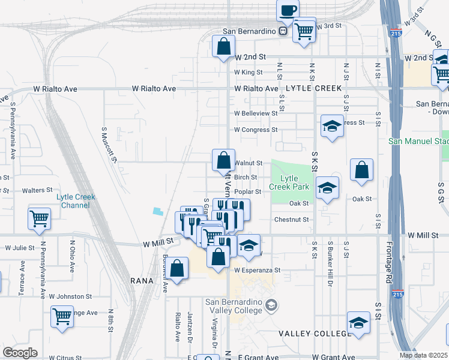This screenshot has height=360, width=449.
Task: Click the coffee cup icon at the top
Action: [x=288, y=10]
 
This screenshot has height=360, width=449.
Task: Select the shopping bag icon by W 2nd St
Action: [x=223, y=46]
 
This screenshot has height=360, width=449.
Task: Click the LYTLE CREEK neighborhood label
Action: [x=313, y=88]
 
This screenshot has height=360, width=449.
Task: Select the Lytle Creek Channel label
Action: [x=76, y=201]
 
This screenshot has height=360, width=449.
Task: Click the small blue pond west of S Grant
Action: [x=157, y=211]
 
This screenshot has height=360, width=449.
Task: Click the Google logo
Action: [x=20, y=353]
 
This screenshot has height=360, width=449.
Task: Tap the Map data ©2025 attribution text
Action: [x=423, y=355]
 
